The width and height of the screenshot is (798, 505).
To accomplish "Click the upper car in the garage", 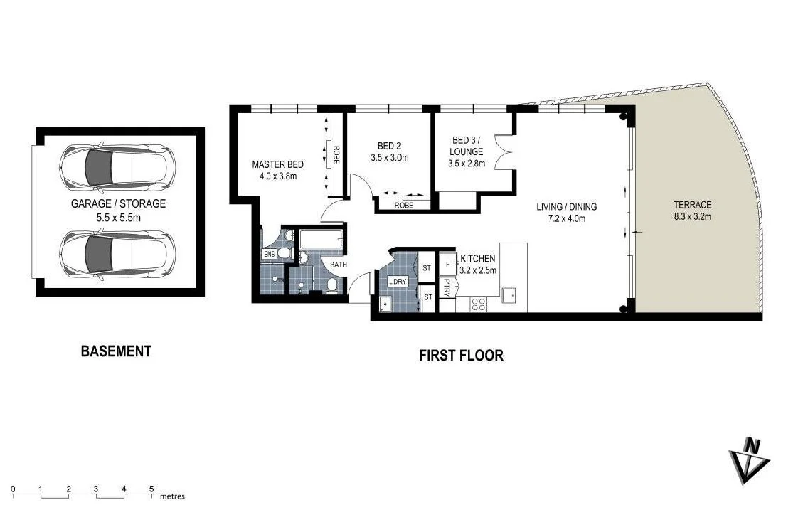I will click(x=118, y=169).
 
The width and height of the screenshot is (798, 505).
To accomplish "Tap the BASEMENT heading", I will click(x=116, y=351).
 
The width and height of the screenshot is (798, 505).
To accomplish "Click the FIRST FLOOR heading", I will click(x=461, y=355).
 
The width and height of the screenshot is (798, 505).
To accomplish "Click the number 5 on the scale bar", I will click(x=151, y=489).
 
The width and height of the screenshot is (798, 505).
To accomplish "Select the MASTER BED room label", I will click(x=278, y=164).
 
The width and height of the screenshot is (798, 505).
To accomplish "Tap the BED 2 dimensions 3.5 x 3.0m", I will click(x=390, y=158).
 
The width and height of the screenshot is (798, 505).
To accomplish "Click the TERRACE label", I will click(x=692, y=205).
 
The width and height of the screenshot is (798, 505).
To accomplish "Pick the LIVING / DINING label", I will click(x=566, y=207).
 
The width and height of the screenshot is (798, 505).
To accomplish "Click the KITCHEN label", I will click(x=478, y=258).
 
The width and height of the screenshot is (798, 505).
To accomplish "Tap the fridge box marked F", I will click(x=447, y=265).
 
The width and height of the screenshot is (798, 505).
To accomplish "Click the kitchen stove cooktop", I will click(x=479, y=304).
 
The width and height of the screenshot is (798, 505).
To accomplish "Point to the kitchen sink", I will click(x=509, y=295).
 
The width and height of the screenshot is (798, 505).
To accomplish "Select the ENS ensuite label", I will click(x=269, y=254).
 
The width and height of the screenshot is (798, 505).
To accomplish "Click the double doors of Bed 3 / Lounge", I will click(x=506, y=151).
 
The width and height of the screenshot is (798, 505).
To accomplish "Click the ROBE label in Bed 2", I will click(x=404, y=205).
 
